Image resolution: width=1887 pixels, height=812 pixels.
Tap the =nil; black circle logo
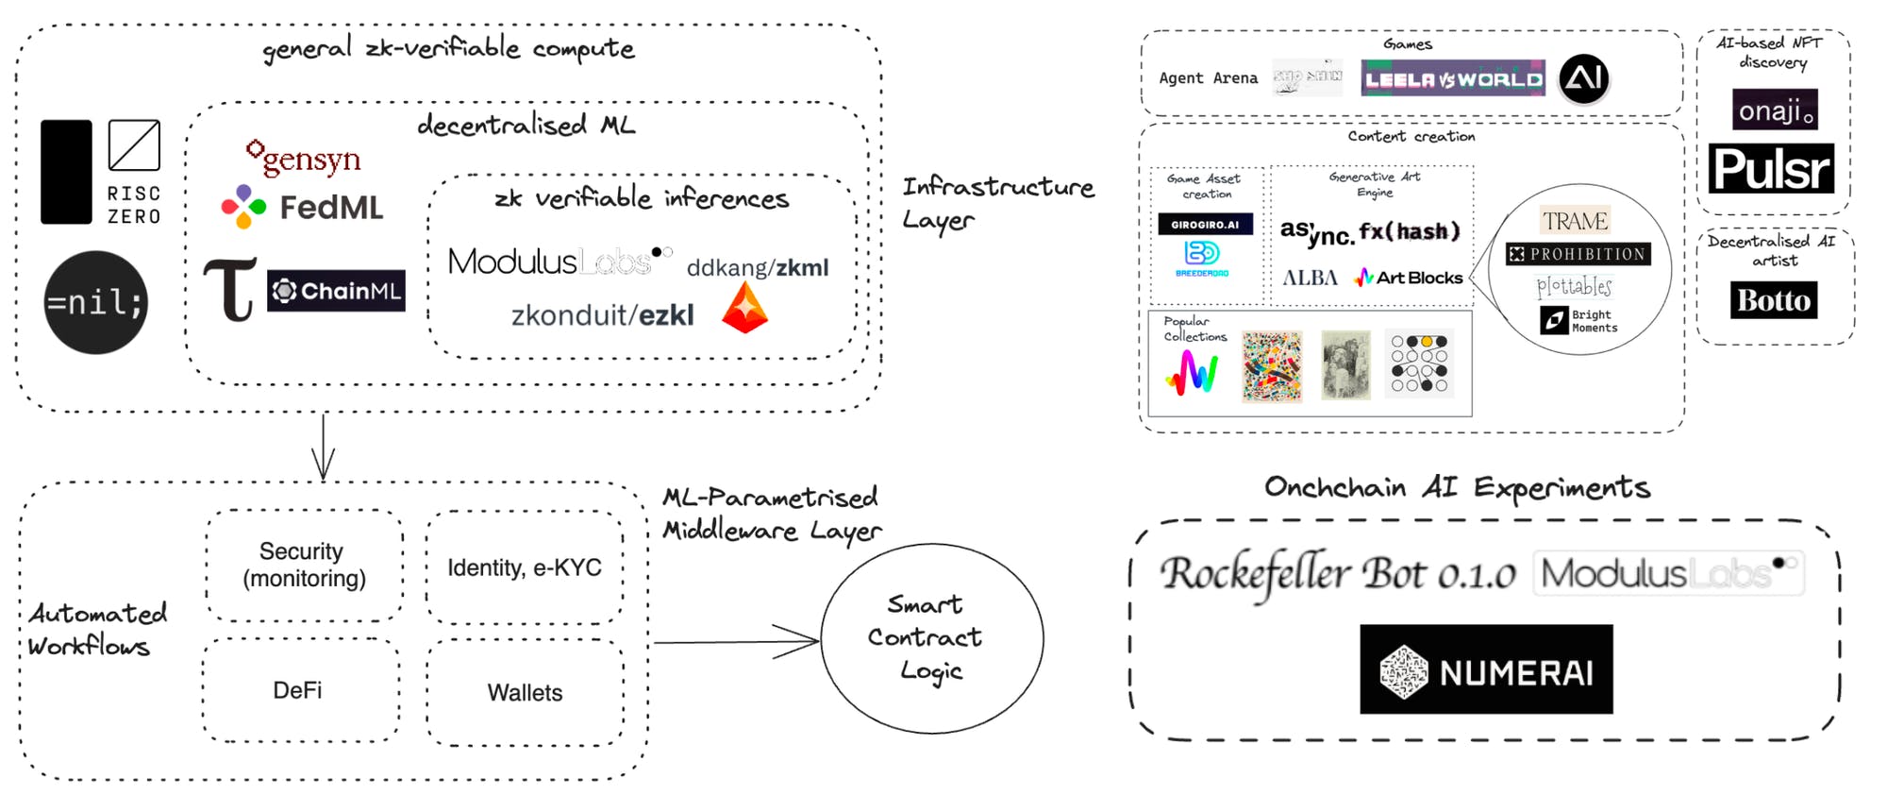pyautogui.click(x=95, y=302)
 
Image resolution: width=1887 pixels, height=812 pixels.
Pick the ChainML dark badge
pyautogui.click(x=336, y=291)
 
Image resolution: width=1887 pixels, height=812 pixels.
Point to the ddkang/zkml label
pyautogui.click(x=757, y=268)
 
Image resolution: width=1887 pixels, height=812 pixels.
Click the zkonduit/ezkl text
pyautogui.click(x=602, y=315)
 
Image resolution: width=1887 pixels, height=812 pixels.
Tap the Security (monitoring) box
pyautogui.click(x=304, y=565)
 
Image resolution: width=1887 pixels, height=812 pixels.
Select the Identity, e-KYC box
pyautogui.click(x=525, y=567)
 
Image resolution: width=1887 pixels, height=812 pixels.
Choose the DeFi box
pyautogui.click(x=298, y=690)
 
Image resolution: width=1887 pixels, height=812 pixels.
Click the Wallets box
pyautogui.click(x=525, y=693)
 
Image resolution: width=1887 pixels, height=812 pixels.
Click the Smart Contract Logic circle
pyautogui.click(x=931, y=638)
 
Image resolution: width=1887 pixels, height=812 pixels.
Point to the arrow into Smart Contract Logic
pyautogui.click(x=736, y=642)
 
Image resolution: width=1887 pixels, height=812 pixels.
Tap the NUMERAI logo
pyautogui.click(x=1486, y=669)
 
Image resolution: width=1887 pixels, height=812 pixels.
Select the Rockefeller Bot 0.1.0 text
pyautogui.click(x=1338, y=573)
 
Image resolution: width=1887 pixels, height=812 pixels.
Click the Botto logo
pyautogui.click(x=1774, y=300)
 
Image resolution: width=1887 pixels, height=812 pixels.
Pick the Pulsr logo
pyautogui.click(x=1771, y=169)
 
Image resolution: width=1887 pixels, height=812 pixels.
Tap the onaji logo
pyautogui.click(x=1775, y=110)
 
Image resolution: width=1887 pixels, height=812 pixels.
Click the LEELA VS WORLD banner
pyautogui.click(x=1453, y=79)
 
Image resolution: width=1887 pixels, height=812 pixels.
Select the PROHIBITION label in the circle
pyautogui.click(x=1578, y=254)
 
